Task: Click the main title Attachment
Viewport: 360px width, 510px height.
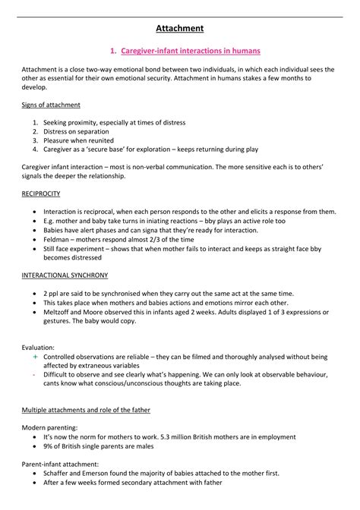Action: (x=180, y=29)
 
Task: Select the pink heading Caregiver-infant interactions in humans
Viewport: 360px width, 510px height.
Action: (x=185, y=51)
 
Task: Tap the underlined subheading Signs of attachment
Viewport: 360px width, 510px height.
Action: (x=51, y=105)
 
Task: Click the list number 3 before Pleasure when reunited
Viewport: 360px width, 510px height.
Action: (x=36, y=140)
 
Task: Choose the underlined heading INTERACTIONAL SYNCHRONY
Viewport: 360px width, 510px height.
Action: (x=65, y=274)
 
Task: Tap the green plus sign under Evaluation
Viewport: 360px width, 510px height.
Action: (x=35, y=356)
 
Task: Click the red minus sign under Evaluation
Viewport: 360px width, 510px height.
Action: (x=35, y=373)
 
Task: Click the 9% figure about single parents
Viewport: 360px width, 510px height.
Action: (x=50, y=446)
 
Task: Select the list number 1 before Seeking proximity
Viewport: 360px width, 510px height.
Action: (x=36, y=122)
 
